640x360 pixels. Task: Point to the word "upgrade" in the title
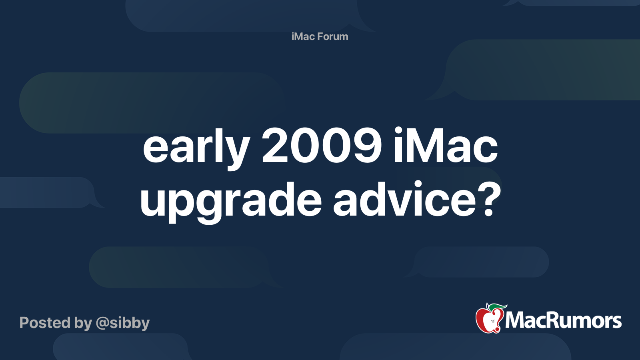(x=230, y=200)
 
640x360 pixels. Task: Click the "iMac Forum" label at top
(x=320, y=36)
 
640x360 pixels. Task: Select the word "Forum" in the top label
(x=333, y=36)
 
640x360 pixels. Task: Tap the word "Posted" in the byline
(x=45, y=323)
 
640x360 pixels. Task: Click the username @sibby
(x=122, y=323)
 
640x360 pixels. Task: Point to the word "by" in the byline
(x=83, y=323)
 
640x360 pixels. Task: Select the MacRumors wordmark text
(x=563, y=321)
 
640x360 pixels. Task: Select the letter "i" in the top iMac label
(x=293, y=36)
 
